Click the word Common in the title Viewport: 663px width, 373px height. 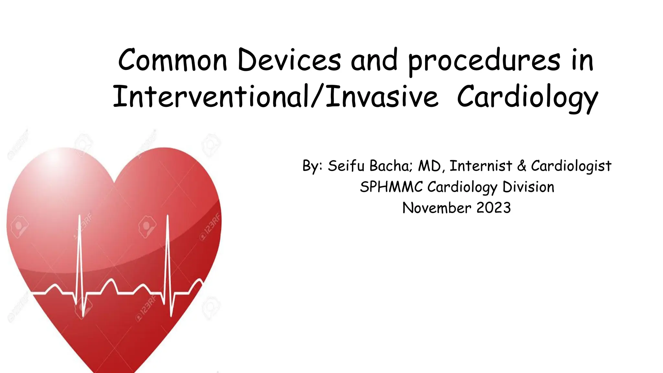(x=173, y=60)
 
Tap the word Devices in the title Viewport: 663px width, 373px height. (x=289, y=60)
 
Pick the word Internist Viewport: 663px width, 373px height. (x=481, y=166)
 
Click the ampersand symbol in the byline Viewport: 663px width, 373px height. (x=522, y=166)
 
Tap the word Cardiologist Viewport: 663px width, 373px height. (x=571, y=166)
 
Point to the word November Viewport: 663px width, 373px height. (x=437, y=208)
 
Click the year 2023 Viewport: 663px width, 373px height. (x=494, y=208)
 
